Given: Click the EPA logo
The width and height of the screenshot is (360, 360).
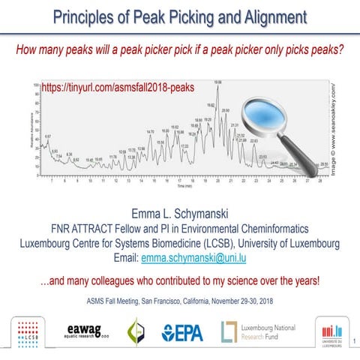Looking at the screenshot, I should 182,331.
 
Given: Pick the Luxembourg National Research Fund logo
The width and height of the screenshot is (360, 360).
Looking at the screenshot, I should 259,331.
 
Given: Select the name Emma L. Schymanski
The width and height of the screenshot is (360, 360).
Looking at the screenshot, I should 179,212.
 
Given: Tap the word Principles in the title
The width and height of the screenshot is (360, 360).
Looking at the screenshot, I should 88,16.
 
